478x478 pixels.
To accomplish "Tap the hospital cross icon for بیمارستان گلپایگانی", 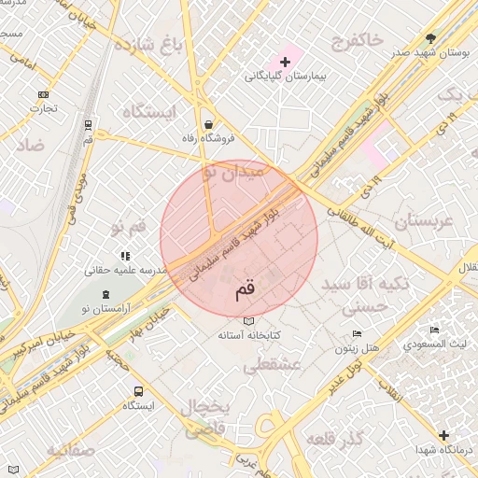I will pyautogui.click(x=285, y=62).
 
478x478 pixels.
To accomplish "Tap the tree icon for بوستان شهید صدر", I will pyautogui.click(x=430, y=38).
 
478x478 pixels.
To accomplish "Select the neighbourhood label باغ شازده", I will pyautogui.click(x=147, y=44).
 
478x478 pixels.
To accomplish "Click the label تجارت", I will pyautogui.click(x=43, y=108).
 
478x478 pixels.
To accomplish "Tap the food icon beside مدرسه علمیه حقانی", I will pyautogui.click(x=124, y=256).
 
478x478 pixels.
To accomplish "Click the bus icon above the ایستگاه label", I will pyautogui.click(x=138, y=391).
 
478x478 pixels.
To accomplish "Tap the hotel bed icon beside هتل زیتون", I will pyautogui.click(x=357, y=334).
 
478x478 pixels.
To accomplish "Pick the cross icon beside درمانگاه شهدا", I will pyautogui.click(x=443, y=435).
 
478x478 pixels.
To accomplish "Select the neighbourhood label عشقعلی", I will pyautogui.click(x=270, y=367).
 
